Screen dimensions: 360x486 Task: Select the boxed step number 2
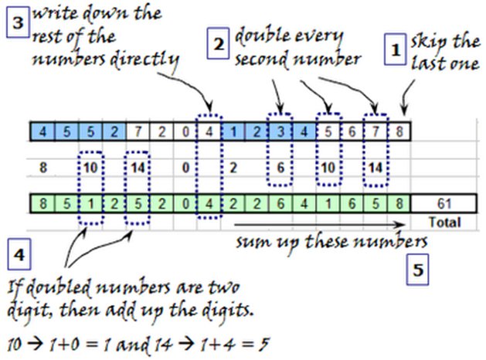coord(219,45)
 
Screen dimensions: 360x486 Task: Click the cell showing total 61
coord(443,204)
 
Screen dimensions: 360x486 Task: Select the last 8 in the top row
coord(399,131)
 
